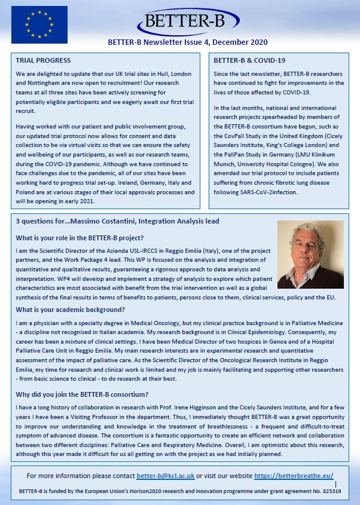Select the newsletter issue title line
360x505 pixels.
pos(187,42)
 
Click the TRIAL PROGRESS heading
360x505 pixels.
pos(43,61)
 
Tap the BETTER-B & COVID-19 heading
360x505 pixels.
pos(249,61)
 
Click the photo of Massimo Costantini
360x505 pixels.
pos(310,254)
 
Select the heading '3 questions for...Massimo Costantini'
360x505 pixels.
pos(117,221)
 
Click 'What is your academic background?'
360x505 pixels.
pos(71,309)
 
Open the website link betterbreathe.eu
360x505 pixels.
pos(294,475)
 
